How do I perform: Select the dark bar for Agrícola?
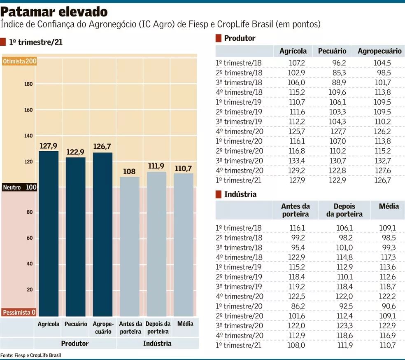click(x=49, y=233)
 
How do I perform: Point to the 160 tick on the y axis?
click(x=28, y=110)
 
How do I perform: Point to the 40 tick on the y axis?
click(x=30, y=264)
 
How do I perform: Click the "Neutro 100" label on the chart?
click(x=20, y=187)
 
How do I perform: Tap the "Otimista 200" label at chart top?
click(x=20, y=61)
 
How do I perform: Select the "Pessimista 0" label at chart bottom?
click(x=19, y=312)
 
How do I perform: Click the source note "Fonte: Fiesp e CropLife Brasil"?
click(x=31, y=355)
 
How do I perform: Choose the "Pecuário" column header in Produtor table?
click(x=332, y=51)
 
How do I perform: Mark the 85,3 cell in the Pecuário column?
click(x=338, y=73)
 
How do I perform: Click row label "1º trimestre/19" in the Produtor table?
click(x=239, y=102)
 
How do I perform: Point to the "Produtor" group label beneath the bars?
click(x=75, y=343)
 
